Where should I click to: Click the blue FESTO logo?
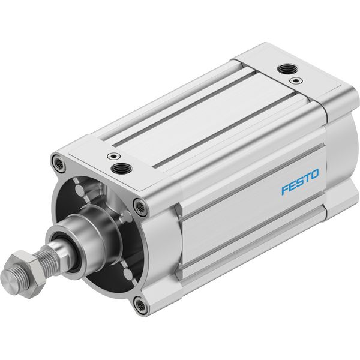pos(301,182)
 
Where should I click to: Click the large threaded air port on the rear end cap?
pos(287,68)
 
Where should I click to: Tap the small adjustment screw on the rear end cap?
pos(296,80)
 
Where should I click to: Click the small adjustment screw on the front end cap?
pos(114,156)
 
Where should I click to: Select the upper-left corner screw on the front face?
pos(58,163)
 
